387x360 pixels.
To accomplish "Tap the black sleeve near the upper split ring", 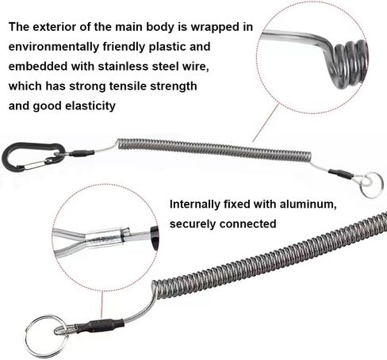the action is coord(341,174).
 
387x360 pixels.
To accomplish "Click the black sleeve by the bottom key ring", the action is coord(100,326).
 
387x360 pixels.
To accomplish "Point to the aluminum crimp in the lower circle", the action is coord(105,238).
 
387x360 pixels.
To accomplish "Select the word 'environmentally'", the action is coord(54,47).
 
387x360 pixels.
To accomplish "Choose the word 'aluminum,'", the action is coord(308,205).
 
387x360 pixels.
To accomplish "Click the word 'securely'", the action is coord(193,224).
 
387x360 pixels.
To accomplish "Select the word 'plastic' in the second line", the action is coord(167,47).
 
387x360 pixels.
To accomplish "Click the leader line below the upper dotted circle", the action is coord(266,123).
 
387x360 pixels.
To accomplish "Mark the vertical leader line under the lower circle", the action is coord(102,304).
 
